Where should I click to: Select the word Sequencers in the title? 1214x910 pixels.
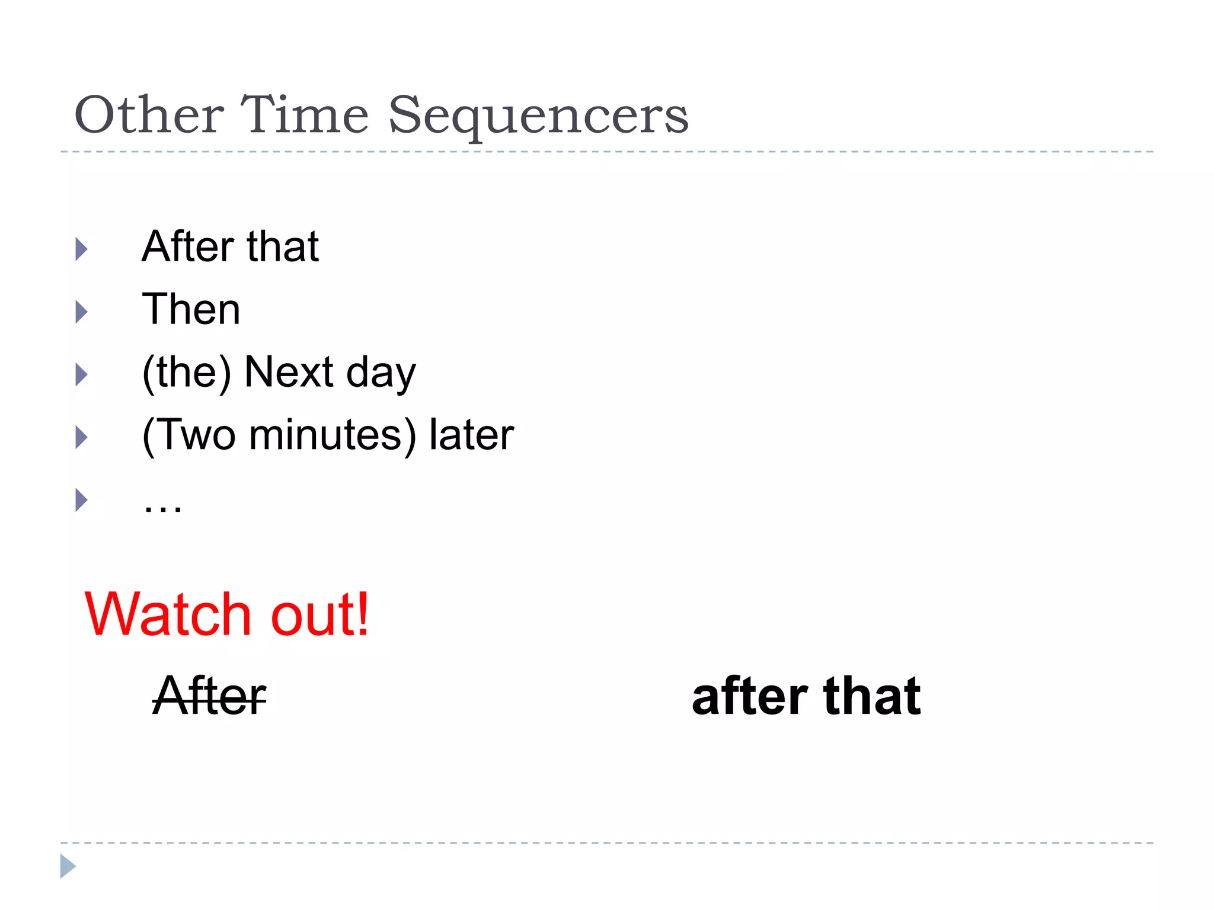pos(538,117)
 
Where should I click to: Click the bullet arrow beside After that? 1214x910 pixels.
pos(81,249)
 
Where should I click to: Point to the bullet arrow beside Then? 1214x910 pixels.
pos(81,312)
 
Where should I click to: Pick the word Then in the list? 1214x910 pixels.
pos(191,309)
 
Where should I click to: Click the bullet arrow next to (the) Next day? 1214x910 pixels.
pos(81,374)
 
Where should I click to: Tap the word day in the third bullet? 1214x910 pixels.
pos(381,374)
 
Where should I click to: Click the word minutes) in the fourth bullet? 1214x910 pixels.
pos(333,436)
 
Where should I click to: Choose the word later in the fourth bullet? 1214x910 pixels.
pos(471,435)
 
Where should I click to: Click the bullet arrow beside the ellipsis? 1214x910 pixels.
pos(81,500)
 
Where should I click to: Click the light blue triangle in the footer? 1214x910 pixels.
pos(68,866)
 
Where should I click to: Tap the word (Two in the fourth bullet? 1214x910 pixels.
pos(189,436)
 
